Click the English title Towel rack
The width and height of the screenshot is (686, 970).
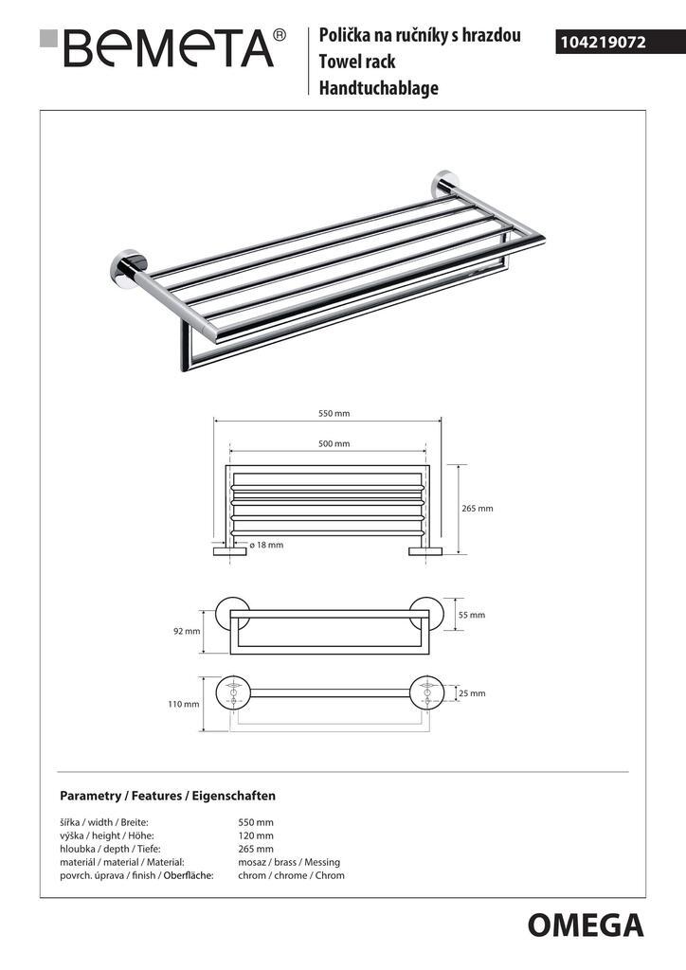[x=357, y=62]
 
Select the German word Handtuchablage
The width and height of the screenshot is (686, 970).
[x=378, y=89]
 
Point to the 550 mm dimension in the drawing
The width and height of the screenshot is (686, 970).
[x=334, y=413]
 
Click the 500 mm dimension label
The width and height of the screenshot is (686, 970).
[x=334, y=443]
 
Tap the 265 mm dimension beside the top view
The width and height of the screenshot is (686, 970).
[x=478, y=509]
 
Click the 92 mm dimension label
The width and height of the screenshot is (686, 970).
[x=187, y=631]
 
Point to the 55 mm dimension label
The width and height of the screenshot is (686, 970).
[x=471, y=615]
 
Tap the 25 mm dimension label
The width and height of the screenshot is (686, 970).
[x=471, y=693]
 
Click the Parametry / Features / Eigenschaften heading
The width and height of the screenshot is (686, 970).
[x=168, y=796]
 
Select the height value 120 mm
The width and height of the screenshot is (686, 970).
[x=256, y=835]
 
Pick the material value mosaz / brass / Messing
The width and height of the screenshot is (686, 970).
[x=289, y=862]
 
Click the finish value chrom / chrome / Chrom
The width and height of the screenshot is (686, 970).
[x=291, y=875]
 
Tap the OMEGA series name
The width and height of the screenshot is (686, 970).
[x=585, y=924]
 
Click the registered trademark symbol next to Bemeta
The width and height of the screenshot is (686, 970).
[x=279, y=35]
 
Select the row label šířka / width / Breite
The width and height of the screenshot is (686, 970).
[x=104, y=822]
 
